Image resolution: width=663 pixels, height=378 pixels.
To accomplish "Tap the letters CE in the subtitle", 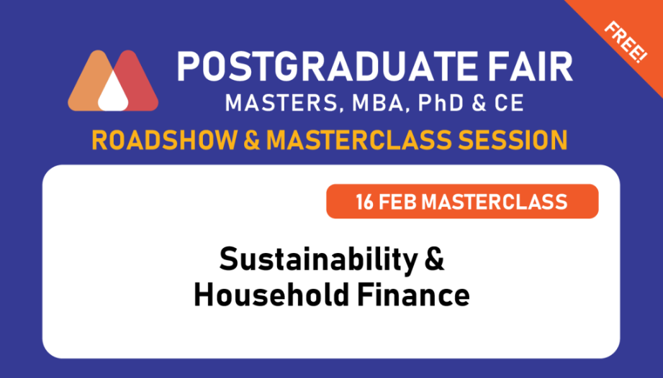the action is pos(509,103).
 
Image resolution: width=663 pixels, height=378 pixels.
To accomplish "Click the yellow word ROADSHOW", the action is pos(164,140).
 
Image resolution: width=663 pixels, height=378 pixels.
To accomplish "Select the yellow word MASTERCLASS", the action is pos(359,140).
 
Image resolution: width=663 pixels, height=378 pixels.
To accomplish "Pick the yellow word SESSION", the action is pos(513,140).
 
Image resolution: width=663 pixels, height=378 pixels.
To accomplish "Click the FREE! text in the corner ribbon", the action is pos(626,42).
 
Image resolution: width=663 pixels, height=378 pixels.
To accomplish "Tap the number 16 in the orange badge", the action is pos(364,202).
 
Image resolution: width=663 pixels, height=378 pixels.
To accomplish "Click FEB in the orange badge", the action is pos(398,202).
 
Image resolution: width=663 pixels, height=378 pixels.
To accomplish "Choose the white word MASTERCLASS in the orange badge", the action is pos(495,202).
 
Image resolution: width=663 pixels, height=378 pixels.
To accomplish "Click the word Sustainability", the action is pos(319,260).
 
